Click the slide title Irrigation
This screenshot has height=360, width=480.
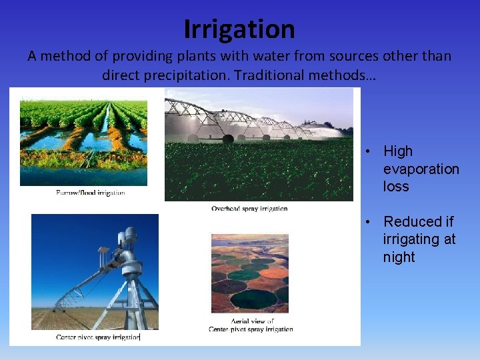(239, 29)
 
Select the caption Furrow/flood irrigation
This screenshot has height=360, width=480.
(91, 193)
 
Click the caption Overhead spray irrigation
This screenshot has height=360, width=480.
(249, 208)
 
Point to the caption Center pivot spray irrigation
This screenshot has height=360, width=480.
(98, 337)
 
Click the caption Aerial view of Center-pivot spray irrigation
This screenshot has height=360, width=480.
(251, 325)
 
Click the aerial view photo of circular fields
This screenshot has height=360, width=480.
(250, 273)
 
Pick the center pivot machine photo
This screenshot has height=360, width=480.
(95, 271)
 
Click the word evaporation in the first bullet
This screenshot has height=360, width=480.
(421, 169)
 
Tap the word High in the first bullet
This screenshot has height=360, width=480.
(398, 152)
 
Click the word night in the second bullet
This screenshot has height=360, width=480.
(399, 257)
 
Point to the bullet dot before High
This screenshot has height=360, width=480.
(367, 152)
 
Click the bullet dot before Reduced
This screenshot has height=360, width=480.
(367, 222)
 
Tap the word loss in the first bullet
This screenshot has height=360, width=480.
(396, 187)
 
